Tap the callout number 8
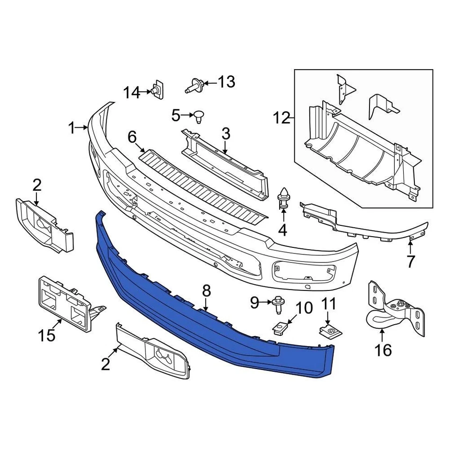point(206,292)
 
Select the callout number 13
point(226,82)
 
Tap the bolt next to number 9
point(277,304)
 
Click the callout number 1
point(72,127)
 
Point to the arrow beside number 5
point(188,115)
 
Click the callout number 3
point(226,134)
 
